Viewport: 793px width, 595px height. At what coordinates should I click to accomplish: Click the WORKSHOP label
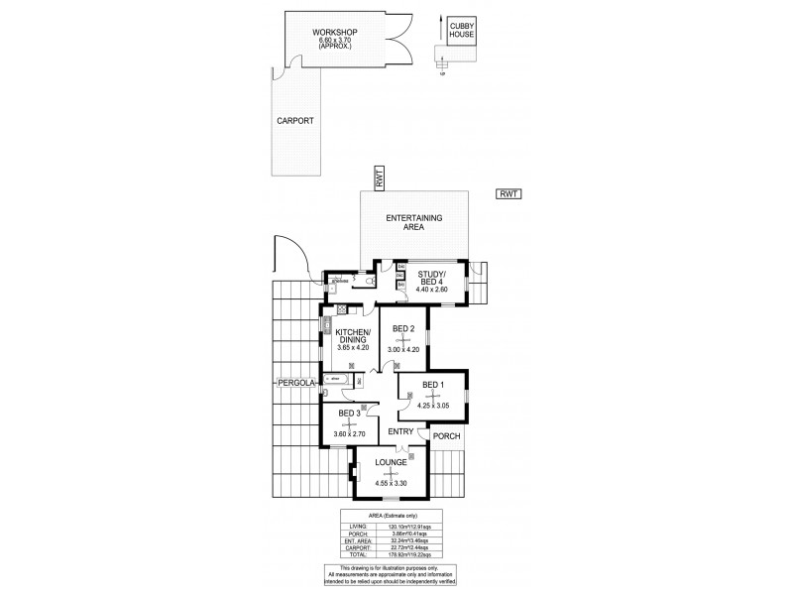click(334, 33)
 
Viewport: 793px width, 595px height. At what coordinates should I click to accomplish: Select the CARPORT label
click(294, 120)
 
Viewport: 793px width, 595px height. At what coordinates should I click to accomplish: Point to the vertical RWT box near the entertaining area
click(378, 178)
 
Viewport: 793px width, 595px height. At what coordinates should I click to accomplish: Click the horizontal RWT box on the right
click(509, 194)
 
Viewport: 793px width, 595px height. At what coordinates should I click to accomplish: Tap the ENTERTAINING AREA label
click(414, 221)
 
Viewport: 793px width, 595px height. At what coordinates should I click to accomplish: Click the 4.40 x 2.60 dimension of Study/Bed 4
click(432, 290)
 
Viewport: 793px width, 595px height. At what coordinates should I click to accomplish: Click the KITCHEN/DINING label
click(353, 336)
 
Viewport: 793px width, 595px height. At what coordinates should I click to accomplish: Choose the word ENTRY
click(400, 431)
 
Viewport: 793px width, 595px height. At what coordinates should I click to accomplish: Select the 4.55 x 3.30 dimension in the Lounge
click(391, 483)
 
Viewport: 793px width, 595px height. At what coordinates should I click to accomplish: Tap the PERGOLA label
click(295, 381)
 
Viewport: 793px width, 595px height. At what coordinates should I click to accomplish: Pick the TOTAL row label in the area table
click(355, 568)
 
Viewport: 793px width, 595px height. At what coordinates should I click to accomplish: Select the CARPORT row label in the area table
click(355, 560)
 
